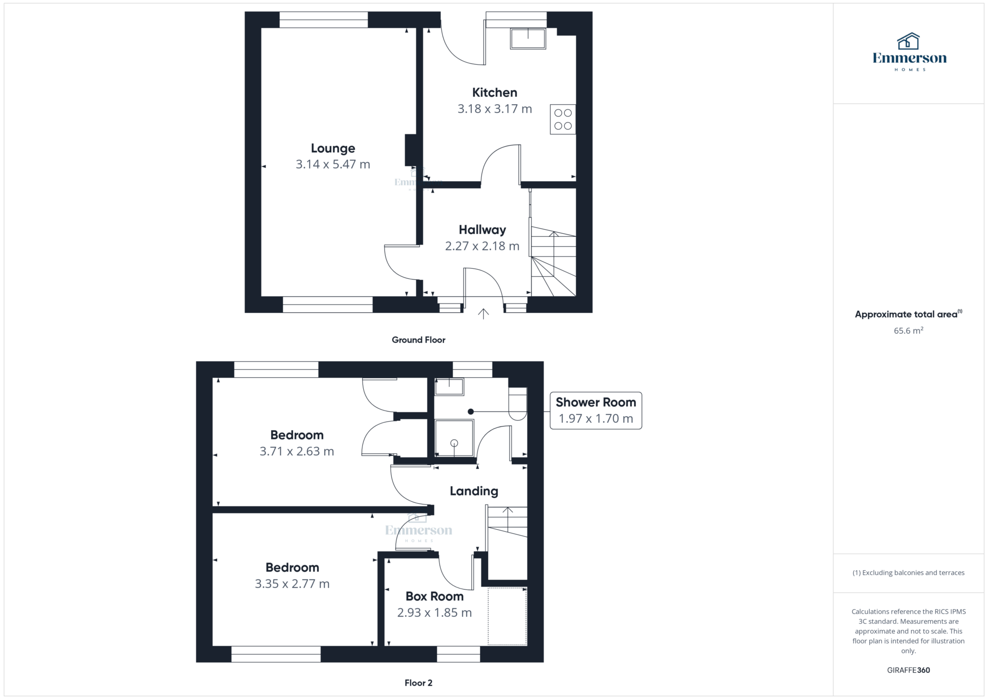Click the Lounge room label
tap(333, 148)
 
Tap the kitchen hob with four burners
tap(563, 119)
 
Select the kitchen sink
tap(528, 39)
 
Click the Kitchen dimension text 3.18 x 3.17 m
tap(494, 109)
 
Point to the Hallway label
tap(482, 230)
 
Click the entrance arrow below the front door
tap(483, 314)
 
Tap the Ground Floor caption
tap(418, 340)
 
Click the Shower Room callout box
tap(596, 411)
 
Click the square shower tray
tap(454, 438)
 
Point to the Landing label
tap(474, 491)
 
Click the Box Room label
tap(434, 596)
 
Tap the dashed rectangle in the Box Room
tap(507, 616)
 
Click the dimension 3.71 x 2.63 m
tap(297, 452)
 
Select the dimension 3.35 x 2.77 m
tap(292, 584)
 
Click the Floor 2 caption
tap(418, 683)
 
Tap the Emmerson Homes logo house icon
tap(908, 41)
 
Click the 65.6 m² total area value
tap(908, 331)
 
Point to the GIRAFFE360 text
tap(908, 670)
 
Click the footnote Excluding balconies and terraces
tap(908, 573)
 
